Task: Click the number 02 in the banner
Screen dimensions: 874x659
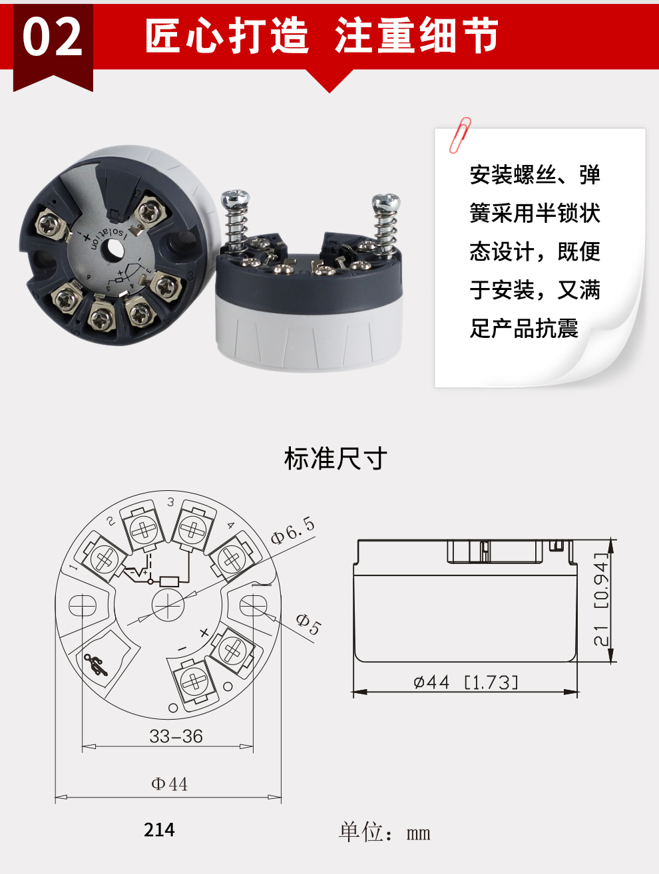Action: tap(53, 38)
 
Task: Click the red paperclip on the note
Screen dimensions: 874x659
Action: tap(460, 135)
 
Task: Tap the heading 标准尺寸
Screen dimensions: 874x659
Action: tap(335, 458)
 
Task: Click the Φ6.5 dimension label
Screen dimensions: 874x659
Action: tap(293, 530)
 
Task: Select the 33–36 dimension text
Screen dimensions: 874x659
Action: tap(176, 736)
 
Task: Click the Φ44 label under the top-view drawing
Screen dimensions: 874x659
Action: tap(169, 784)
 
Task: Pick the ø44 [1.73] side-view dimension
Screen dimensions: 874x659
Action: tap(465, 682)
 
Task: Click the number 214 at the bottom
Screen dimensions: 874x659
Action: tap(159, 830)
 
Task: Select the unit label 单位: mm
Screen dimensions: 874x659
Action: tap(384, 832)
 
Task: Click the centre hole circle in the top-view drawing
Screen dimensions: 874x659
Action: tap(167, 605)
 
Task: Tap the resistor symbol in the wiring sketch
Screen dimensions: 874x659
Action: tap(170, 581)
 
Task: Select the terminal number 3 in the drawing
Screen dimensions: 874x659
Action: tap(170, 502)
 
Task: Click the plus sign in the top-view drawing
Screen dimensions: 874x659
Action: tap(204, 633)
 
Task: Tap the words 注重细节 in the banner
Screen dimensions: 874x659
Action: tap(417, 35)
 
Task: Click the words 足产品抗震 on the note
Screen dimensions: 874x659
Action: tap(524, 329)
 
